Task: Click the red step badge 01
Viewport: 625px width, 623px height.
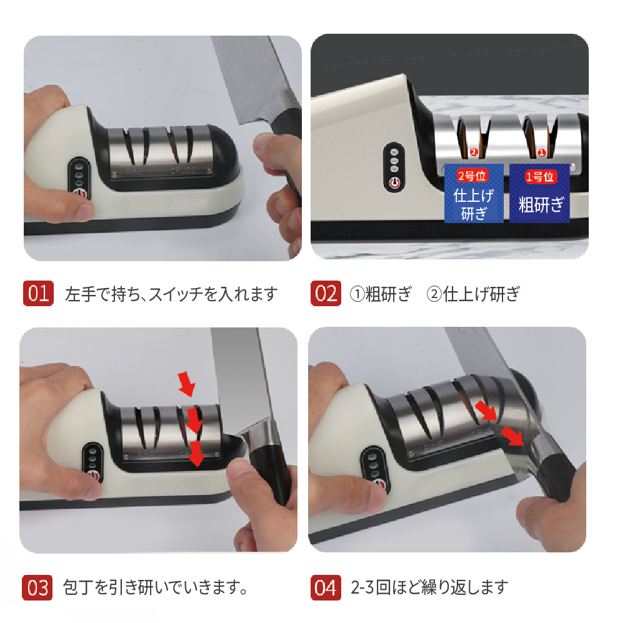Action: coord(38,293)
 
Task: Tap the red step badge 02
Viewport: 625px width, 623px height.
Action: coord(326,293)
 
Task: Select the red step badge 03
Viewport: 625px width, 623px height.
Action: coord(37,587)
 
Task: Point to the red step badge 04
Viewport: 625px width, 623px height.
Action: coord(326,587)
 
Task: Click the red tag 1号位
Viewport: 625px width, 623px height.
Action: coord(540,177)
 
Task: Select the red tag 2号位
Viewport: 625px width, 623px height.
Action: coord(472,176)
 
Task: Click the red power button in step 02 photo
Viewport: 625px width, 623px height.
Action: coord(394,183)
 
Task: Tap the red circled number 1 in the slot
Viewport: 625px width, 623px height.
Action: coord(541,152)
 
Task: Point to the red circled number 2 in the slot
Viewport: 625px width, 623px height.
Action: coord(474,152)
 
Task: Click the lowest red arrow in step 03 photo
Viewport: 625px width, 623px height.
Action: coord(196,454)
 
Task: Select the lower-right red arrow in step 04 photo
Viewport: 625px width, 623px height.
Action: coord(512,436)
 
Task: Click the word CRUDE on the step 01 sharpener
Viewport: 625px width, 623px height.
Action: coord(183,170)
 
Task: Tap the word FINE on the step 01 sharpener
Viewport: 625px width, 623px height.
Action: coord(135,172)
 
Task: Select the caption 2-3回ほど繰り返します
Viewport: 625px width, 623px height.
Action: coord(430,587)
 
